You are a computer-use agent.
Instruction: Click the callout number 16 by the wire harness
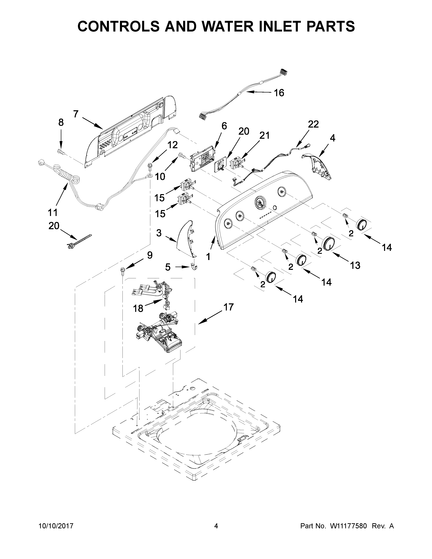[x=279, y=93]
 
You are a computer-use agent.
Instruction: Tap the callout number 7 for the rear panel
[x=76, y=114]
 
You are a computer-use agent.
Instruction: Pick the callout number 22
[x=313, y=124]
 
